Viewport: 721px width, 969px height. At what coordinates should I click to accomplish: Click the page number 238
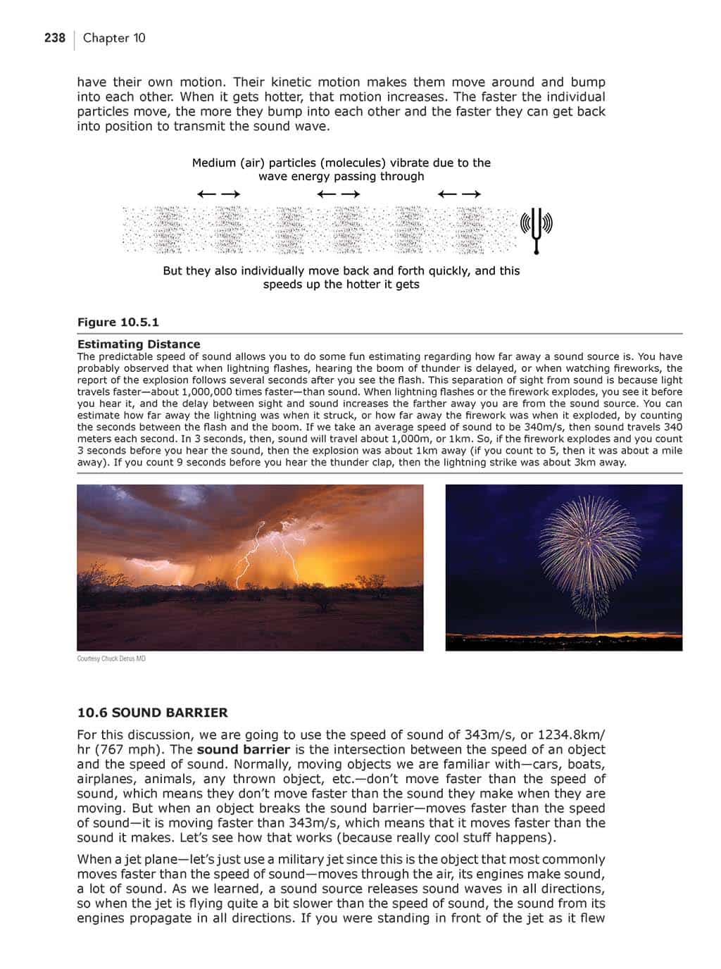(x=54, y=38)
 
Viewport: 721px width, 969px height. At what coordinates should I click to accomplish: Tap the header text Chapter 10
(x=114, y=38)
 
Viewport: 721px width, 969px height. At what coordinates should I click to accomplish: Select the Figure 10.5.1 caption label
(x=118, y=323)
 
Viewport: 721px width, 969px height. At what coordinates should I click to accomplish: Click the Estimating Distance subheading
(x=139, y=344)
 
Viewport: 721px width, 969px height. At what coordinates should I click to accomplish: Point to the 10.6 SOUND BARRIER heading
(x=152, y=713)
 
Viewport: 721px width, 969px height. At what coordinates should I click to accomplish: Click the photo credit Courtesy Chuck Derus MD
(x=111, y=659)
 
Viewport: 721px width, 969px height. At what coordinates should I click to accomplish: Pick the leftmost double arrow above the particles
(x=219, y=194)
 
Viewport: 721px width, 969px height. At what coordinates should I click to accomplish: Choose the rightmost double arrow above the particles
(x=459, y=194)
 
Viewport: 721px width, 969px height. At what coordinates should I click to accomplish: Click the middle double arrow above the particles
(x=339, y=194)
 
